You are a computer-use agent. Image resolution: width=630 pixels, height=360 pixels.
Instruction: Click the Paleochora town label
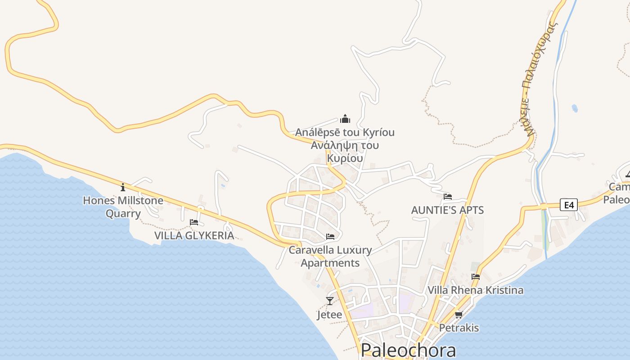click(x=408, y=350)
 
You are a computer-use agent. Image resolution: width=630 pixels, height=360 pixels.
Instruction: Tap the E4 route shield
click(x=569, y=205)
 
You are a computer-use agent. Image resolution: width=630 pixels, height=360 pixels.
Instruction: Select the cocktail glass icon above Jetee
click(x=330, y=301)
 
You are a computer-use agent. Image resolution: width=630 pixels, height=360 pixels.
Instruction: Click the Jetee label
click(x=329, y=315)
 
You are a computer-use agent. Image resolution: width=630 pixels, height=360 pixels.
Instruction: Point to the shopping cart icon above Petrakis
click(x=459, y=315)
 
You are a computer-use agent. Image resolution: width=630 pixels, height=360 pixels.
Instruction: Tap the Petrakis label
click(x=459, y=328)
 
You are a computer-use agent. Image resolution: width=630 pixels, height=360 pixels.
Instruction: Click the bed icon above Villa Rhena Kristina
click(x=476, y=277)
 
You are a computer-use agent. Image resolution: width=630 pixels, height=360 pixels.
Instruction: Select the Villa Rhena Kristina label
click(x=475, y=290)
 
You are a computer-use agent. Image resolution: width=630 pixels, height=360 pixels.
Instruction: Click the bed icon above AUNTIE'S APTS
click(x=447, y=197)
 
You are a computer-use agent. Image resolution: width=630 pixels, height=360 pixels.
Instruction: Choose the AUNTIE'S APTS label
click(x=447, y=210)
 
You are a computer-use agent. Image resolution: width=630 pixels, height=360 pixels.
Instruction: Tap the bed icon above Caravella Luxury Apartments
click(x=330, y=237)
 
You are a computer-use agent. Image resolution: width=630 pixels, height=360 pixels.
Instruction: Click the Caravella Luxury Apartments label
click(x=330, y=256)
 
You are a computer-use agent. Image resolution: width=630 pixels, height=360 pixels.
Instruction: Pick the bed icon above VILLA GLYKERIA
click(x=194, y=222)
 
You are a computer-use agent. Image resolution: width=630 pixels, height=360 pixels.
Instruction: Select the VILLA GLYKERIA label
click(x=194, y=235)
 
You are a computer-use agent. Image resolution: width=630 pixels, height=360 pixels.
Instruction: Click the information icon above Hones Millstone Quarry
click(x=123, y=187)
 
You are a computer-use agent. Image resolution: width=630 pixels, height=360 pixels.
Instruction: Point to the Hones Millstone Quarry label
click(x=123, y=207)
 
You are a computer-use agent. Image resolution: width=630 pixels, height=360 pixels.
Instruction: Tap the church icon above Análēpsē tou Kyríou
click(x=345, y=119)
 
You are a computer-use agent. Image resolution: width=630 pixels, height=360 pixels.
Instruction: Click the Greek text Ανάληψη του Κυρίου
click(x=345, y=152)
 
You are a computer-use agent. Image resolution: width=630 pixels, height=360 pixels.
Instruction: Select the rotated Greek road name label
click(x=539, y=79)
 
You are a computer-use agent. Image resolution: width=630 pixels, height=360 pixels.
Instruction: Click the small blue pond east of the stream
click(x=575, y=108)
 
